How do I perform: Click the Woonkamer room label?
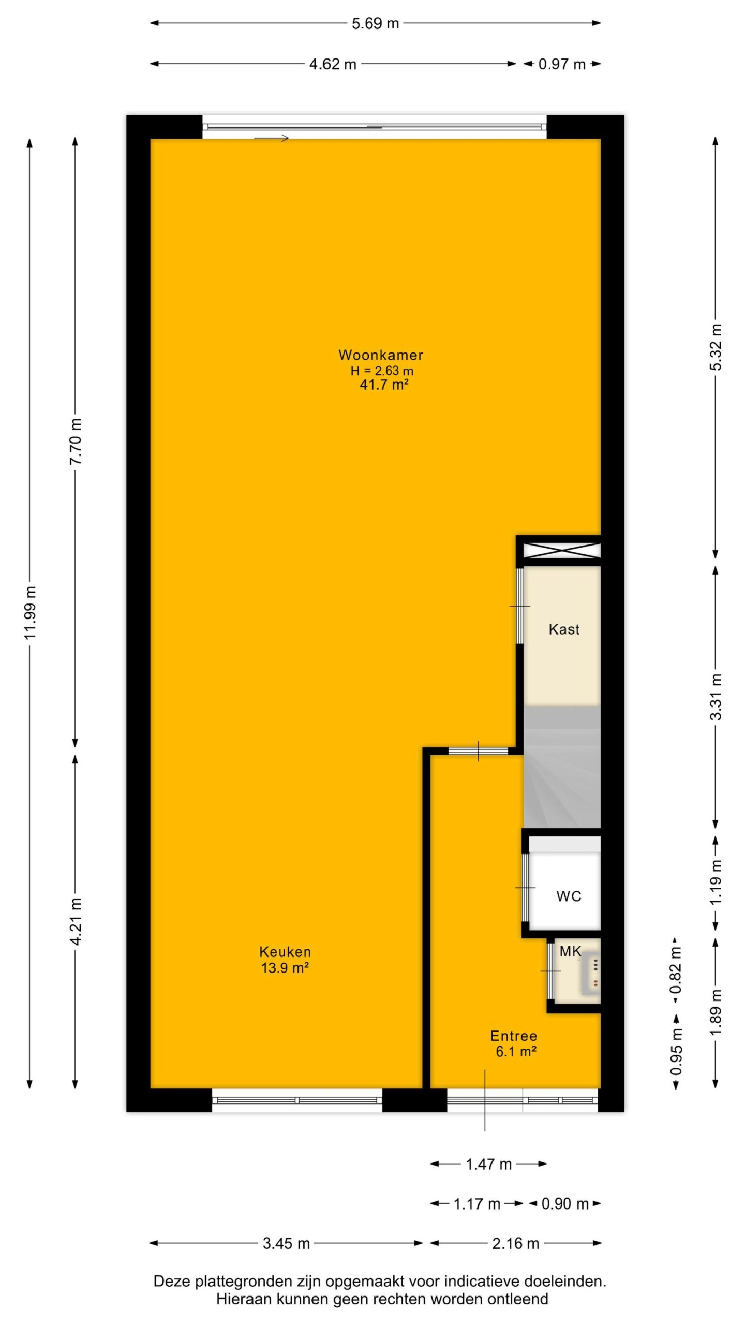click(381, 355)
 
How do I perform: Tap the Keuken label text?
click(285, 951)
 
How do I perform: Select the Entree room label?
click(514, 1036)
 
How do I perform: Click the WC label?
click(569, 896)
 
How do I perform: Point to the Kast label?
click(564, 629)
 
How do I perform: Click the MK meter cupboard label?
click(571, 951)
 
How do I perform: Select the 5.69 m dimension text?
click(376, 23)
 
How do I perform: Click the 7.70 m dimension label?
click(76, 441)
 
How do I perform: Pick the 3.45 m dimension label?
click(286, 1244)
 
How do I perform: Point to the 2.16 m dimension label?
click(515, 1244)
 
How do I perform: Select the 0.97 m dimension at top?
click(562, 64)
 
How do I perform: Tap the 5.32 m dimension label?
click(716, 347)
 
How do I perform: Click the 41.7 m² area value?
click(384, 385)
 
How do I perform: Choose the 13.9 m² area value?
click(285, 967)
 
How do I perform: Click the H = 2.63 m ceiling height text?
click(382, 371)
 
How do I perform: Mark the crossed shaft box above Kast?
click(562, 550)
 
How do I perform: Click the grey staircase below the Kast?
click(562, 767)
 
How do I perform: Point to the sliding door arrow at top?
click(271, 138)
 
